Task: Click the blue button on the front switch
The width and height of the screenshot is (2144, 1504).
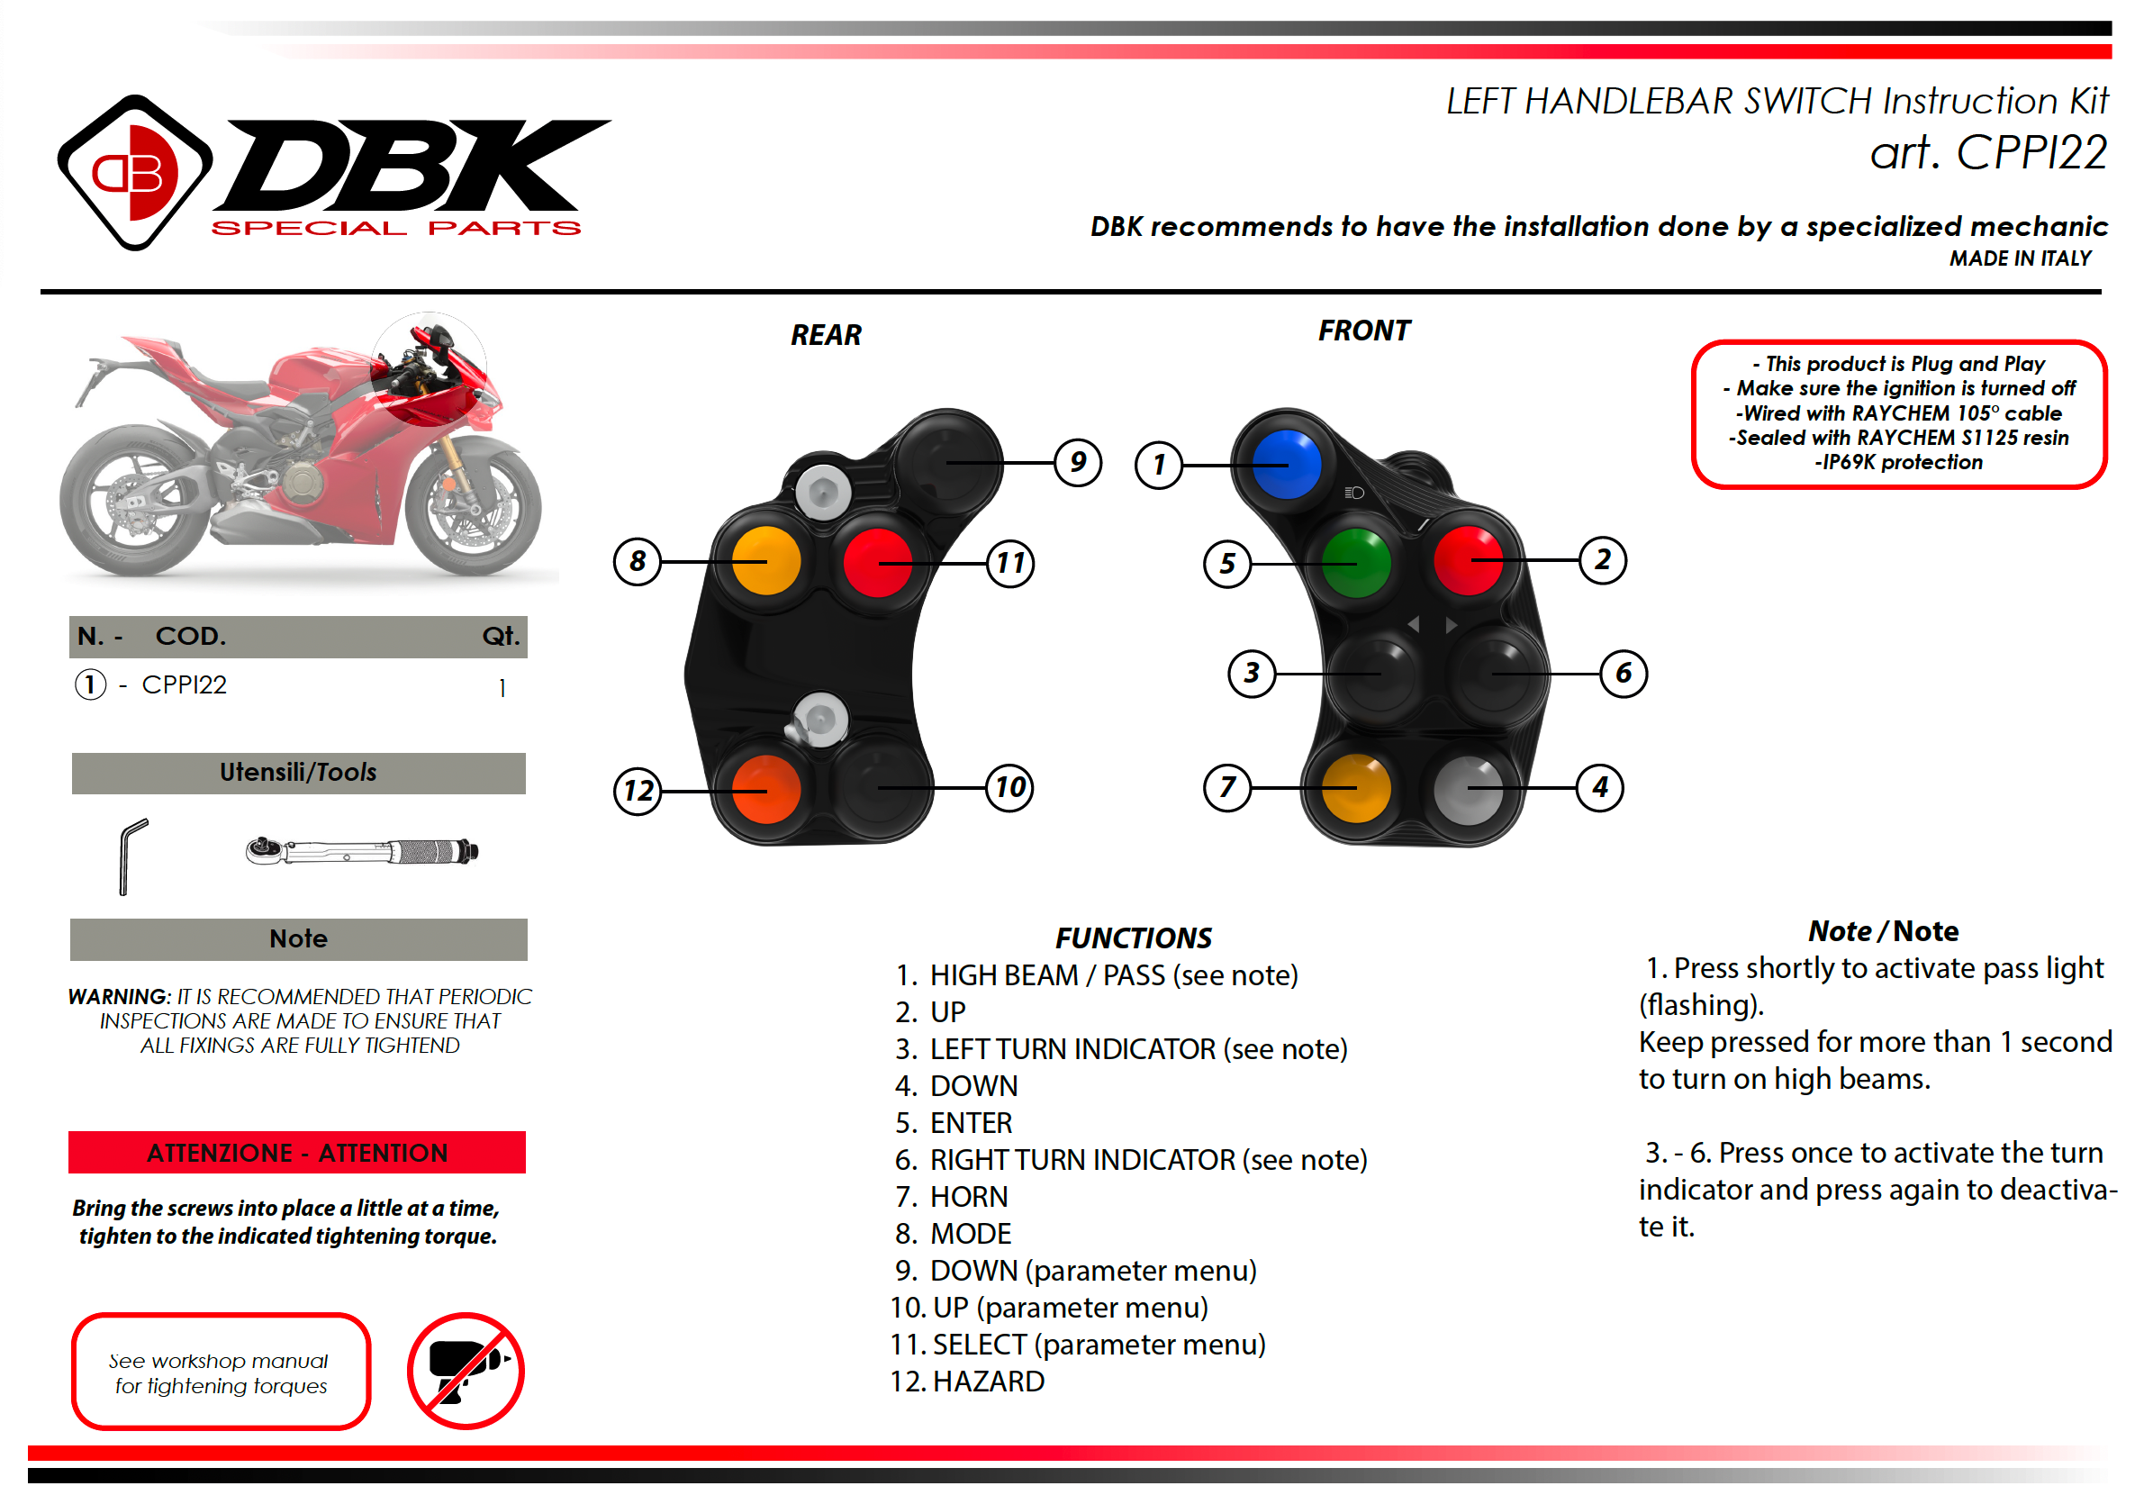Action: click(1286, 465)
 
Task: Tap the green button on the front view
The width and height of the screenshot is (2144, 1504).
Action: click(1356, 563)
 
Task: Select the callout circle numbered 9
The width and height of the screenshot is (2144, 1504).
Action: click(1078, 462)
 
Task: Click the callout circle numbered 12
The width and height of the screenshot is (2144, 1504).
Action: click(638, 792)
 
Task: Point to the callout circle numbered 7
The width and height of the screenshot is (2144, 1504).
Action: click(1227, 787)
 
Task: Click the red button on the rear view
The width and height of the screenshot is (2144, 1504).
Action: click(877, 563)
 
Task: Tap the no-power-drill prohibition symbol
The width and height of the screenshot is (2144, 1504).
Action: click(465, 1371)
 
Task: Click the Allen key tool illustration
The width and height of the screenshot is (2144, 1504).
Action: click(131, 856)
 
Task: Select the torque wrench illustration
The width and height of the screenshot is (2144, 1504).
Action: click(362, 851)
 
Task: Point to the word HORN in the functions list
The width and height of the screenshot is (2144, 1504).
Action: click(969, 1197)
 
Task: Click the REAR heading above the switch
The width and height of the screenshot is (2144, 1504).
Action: click(826, 335)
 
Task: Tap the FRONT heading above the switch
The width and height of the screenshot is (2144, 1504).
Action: click(1363, 331)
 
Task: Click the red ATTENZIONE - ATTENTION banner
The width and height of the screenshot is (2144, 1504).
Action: click(297, 1152)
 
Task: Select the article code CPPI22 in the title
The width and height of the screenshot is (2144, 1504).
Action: click(2031, 153)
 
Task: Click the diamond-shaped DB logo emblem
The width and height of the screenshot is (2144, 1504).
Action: click(135, 173)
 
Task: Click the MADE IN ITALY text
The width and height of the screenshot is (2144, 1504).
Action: click(2020, 258)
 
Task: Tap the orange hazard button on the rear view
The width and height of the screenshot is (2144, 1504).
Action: click(765, 789)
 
